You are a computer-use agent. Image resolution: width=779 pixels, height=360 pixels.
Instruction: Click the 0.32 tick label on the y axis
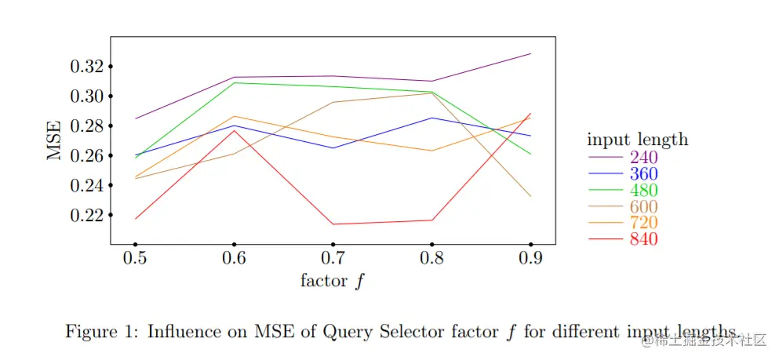[87, 67]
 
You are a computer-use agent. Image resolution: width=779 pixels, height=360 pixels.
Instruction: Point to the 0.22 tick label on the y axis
[87, 215]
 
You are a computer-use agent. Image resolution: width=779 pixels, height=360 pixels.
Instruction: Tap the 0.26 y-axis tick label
[87, 156]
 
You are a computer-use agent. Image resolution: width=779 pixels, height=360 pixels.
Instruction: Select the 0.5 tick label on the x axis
[135, 259]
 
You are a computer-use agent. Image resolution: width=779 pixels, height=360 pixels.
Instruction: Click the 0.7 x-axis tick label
[333, 259]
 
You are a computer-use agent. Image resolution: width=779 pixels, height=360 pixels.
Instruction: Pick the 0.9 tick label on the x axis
[531, 259]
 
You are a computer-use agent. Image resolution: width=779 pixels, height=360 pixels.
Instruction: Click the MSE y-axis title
[54, 141]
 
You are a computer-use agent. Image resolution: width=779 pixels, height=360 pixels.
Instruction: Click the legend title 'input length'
[637, 140]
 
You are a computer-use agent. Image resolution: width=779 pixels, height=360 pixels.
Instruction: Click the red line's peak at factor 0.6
[234, 130]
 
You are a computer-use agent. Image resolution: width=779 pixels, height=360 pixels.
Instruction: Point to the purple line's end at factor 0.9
[531, 53]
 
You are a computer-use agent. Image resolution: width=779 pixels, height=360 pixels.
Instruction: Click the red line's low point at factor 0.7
[333, 224]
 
